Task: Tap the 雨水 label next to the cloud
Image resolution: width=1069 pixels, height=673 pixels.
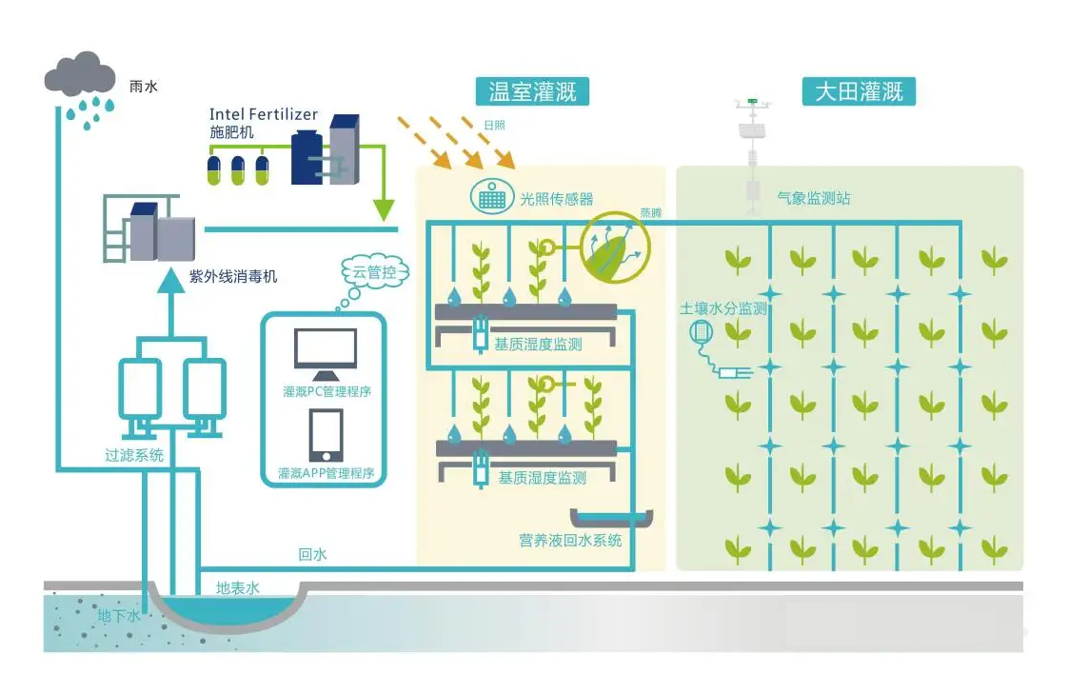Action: (144, 87)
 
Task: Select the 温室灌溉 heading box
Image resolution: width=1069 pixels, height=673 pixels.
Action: (532, 91)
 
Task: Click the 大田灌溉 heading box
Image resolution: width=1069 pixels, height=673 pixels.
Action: (859, 91)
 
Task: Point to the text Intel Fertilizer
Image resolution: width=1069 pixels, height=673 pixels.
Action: (264, 115)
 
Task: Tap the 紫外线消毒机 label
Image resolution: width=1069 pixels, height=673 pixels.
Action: (233, 277)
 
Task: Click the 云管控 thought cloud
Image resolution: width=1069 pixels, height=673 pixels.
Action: (374, 274)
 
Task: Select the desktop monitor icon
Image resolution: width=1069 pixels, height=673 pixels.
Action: (326, 350)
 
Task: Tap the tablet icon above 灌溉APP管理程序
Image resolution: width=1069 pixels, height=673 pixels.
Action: (326, 435)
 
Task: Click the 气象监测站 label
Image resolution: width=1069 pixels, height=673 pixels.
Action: (813, 198)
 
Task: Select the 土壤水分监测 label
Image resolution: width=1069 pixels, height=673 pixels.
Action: (723, 308)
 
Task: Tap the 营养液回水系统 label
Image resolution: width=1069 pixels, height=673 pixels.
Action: (570, 540)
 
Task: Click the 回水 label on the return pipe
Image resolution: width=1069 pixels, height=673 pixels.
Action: (312, 554)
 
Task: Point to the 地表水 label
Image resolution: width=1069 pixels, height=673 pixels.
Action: (238, 588)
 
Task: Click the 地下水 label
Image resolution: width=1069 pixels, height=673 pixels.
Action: (119, 617)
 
